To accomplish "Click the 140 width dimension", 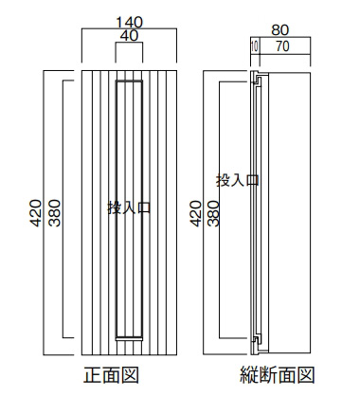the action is pyautogui.click(x=129, y=23).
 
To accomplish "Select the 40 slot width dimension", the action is pyautogui.click(x=129, y=36).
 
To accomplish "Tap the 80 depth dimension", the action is pyautogui.click(x=279, y=30).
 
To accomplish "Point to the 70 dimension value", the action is pyautogui.click(x=282, y=46).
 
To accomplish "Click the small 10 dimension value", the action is pyautogui.click(x=255, y=47).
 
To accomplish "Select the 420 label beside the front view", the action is pyautogui.click(x=36, y=213).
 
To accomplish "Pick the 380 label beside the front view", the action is pyautogui.click(x=54, y=213).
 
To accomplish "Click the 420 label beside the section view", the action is pyautogui.click(x=195, y=213).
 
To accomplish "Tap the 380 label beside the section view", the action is pyautogui.click(x=213, y=213).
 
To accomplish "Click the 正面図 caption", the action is pyautogui.click(x=111, y=375).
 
